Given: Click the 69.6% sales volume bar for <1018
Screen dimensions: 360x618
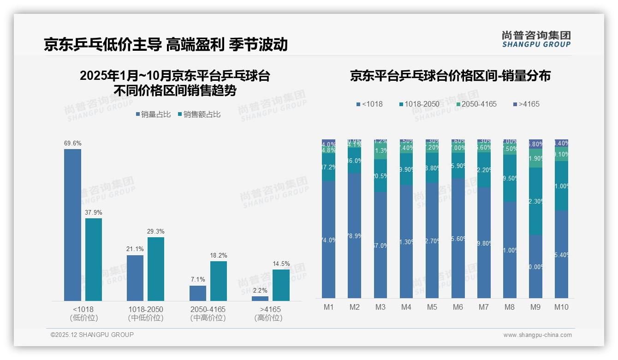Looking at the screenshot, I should (72, 225).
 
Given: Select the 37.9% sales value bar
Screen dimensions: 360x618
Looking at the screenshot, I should (94, 259).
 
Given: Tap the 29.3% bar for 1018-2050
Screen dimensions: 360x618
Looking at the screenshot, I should (156, 269).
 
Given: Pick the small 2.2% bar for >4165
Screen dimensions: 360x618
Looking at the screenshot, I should (260, 299).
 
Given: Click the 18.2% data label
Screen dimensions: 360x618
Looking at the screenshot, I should (219, 255).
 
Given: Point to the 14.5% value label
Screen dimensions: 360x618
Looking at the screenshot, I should (281, 264).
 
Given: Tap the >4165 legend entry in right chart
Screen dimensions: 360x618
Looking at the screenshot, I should (526, 104).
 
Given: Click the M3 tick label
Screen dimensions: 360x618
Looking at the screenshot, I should (380, 307).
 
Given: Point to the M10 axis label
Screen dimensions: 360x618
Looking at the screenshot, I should (561, 307).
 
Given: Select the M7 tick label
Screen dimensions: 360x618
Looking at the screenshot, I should (484, 307).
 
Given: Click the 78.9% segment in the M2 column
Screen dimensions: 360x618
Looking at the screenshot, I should (354, 236).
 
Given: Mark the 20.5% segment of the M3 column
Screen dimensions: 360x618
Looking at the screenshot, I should (380, 176).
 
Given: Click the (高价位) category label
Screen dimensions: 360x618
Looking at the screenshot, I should (268, 318).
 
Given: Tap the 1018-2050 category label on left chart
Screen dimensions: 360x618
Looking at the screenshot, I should (146, 309).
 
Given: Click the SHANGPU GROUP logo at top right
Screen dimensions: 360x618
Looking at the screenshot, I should (536, 39).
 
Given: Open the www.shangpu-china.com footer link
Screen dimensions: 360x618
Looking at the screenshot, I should (537, 335).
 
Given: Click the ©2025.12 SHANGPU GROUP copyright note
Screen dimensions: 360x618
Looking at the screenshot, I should (92, 335).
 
